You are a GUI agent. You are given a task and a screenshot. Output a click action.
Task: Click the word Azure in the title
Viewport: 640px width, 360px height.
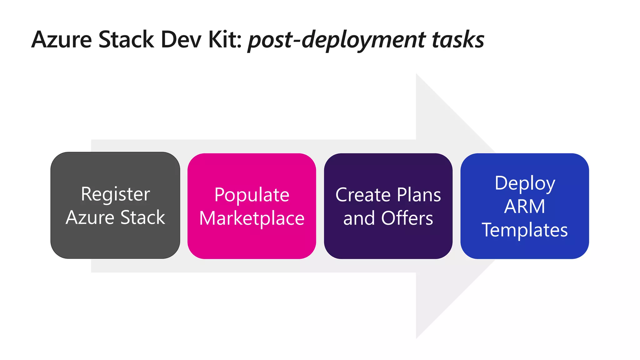pos(62,40)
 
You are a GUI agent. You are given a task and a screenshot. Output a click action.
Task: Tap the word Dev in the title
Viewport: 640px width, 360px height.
pos(181,40)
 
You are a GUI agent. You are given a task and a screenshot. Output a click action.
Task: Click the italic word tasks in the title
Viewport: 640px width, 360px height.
pos(458,40)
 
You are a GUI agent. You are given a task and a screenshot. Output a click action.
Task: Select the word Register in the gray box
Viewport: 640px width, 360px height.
pos(115,194)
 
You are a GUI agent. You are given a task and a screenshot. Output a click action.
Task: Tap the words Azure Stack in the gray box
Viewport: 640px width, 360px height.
pos(115,217)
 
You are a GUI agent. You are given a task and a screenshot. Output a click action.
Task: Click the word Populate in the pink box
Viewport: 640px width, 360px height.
pos(252,195)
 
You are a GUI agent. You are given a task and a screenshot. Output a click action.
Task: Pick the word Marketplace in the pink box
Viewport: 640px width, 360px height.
pos(252,218)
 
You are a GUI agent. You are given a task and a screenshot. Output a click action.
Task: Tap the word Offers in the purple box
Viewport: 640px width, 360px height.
pos(407,218)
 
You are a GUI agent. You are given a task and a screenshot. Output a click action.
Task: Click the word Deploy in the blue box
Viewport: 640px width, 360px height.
pos(525,183)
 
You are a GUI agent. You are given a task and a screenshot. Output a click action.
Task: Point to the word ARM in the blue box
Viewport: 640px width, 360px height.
pos(525,207)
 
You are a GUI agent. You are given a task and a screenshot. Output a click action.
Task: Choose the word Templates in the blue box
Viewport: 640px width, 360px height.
pos(525,230)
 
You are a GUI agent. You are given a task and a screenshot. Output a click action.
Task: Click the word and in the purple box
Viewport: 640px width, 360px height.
pos(359,218)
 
